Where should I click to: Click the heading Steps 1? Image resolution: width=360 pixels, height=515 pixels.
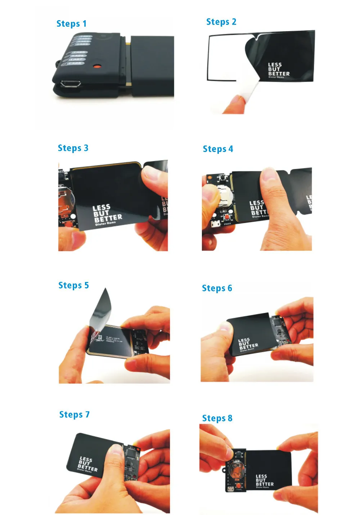click(x=71, y=24)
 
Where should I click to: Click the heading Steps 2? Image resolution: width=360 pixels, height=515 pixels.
click(x=221, y=22)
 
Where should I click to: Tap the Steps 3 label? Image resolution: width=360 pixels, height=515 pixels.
click(x=73, y=148)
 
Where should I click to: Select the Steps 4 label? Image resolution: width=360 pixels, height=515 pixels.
click(x=218, y=149)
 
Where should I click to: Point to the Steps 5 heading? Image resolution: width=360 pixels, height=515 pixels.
click(x=73, y=285)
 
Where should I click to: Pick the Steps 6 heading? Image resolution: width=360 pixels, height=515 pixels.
click(x=217, y=288)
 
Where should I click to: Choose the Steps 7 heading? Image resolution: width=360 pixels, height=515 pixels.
click(x=74, y=415)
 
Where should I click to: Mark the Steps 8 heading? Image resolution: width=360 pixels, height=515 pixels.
click(x=217, y=418)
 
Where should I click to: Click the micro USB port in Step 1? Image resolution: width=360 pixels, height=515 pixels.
click(x=71, y=84)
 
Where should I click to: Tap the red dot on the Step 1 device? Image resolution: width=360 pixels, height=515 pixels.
click(x=96, y=67)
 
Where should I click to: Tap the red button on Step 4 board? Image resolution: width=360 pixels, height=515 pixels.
click(x=227, y=217)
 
